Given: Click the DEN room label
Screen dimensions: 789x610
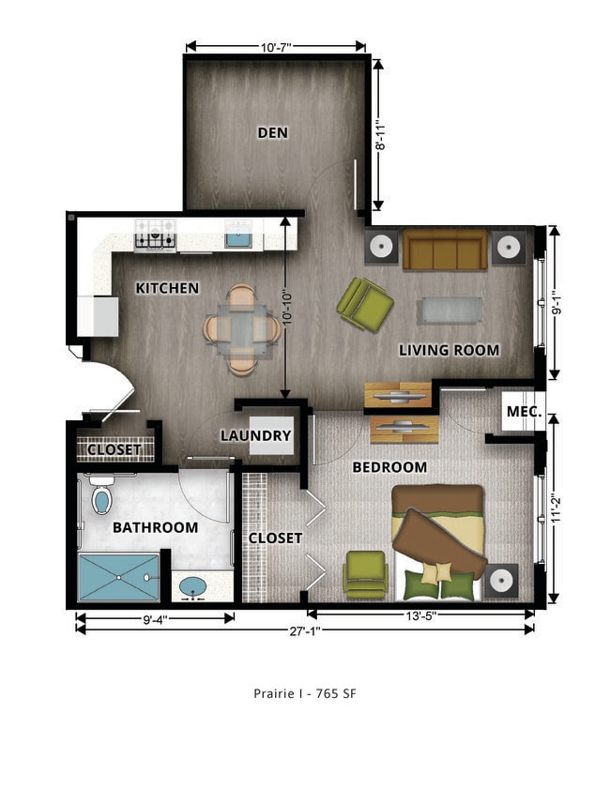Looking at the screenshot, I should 272,132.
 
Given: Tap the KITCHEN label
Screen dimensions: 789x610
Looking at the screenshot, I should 167,288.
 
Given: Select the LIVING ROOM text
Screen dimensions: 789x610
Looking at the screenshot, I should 449,350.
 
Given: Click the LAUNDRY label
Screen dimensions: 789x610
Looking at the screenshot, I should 255,436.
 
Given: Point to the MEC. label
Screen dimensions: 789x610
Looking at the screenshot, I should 524,413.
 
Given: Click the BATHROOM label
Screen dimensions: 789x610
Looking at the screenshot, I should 155,527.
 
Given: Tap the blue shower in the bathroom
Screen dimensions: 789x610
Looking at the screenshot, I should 118,576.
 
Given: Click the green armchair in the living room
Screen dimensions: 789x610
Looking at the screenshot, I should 365,304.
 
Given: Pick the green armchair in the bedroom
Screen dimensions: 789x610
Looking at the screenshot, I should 364,573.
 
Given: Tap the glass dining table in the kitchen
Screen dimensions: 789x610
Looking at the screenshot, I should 243,328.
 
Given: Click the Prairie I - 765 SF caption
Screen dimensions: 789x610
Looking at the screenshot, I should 304,694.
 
